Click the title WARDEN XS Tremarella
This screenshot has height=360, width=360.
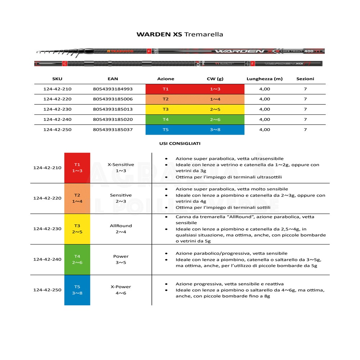coord(180,35)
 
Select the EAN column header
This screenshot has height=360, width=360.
coord(113,79)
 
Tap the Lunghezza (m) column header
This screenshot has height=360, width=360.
coord(264,79)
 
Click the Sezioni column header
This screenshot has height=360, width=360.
coord(305,79)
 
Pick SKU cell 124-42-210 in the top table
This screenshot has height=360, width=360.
coord(57,89)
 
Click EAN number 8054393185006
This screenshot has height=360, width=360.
coord(113,99)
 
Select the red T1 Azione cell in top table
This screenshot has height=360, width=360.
coord(166,89)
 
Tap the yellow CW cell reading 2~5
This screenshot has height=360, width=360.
coord(215,109)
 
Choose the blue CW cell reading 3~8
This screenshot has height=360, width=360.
coord(215,130)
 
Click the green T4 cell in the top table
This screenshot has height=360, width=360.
coord(166,120)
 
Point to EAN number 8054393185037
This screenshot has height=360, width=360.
coord(113,130)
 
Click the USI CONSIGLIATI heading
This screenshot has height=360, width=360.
coord(180,143)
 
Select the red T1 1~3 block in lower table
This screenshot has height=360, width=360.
coord(77,167)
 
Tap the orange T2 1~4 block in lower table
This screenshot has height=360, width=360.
coord(77,198)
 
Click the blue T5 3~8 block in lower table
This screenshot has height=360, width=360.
coord(77,290)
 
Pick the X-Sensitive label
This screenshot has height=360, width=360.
coord(121,165)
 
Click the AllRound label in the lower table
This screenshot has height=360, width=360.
coord(121,226)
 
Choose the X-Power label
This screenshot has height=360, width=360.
coord(121,287)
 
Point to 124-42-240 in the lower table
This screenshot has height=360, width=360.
coord(47,259)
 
